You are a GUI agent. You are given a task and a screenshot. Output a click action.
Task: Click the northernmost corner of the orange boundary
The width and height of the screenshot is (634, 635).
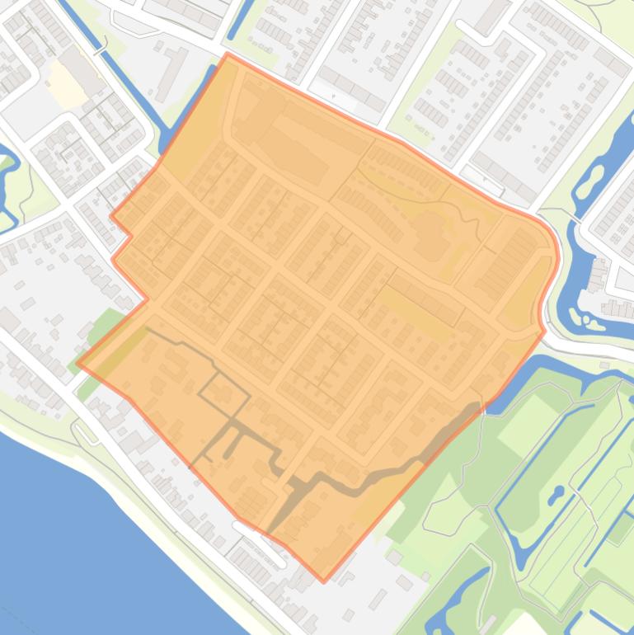click(228, 55)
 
